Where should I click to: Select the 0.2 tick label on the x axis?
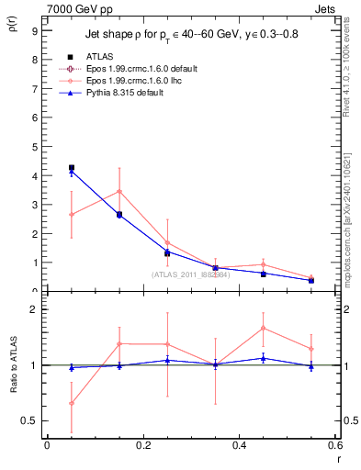click(143, 445)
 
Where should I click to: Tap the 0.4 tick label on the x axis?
click(240, 445)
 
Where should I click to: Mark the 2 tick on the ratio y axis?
click(34, 309)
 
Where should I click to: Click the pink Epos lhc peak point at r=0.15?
click(119, 191)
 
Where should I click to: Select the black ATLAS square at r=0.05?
click(72, 168)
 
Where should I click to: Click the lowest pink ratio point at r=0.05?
click(72, 403)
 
